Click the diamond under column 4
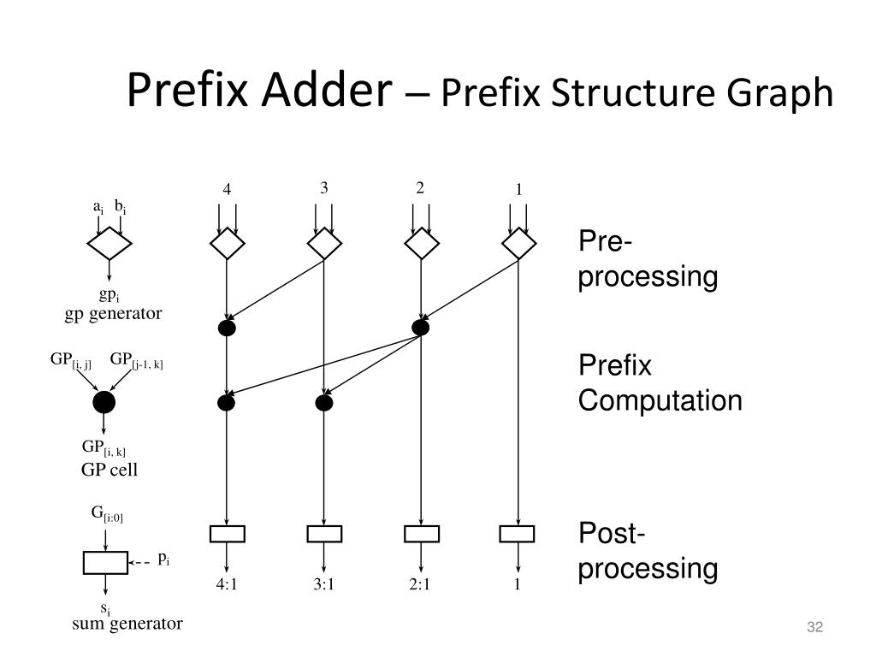227,245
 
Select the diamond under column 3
324,245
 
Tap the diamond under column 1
518,245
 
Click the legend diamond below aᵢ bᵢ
109,245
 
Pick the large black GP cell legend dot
104,402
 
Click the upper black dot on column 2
420,328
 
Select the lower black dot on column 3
323,402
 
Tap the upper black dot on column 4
227,328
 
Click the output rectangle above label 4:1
227,534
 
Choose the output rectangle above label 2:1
421,534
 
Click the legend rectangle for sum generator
105,562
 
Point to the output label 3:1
323,586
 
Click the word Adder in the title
326,91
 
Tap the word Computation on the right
660,401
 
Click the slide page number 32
814,629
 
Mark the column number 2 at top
420,188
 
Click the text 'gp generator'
113,313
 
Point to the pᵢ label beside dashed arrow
163,561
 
